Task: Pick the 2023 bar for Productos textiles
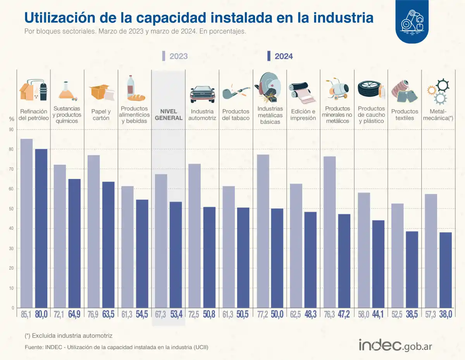pos(397,255)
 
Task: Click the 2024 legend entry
pos(280,56)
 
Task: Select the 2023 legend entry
pos(175,56)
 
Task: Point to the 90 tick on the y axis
pos(12,129)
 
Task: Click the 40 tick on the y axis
pos(12,229)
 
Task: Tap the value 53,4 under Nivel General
pos(177,314)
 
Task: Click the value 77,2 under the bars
pos(262,314)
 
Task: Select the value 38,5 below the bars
pos(412,314)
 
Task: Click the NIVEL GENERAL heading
pos(169,115)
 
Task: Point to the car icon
pos(202,94)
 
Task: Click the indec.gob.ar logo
pos(395,345)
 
